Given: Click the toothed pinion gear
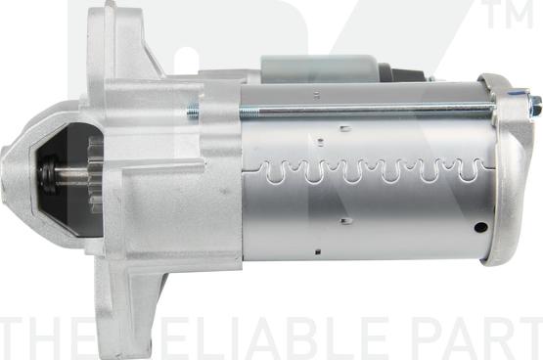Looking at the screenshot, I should click(94, 173).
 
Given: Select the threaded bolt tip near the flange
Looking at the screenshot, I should click(193, 111).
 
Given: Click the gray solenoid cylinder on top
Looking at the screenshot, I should click(318, 67).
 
